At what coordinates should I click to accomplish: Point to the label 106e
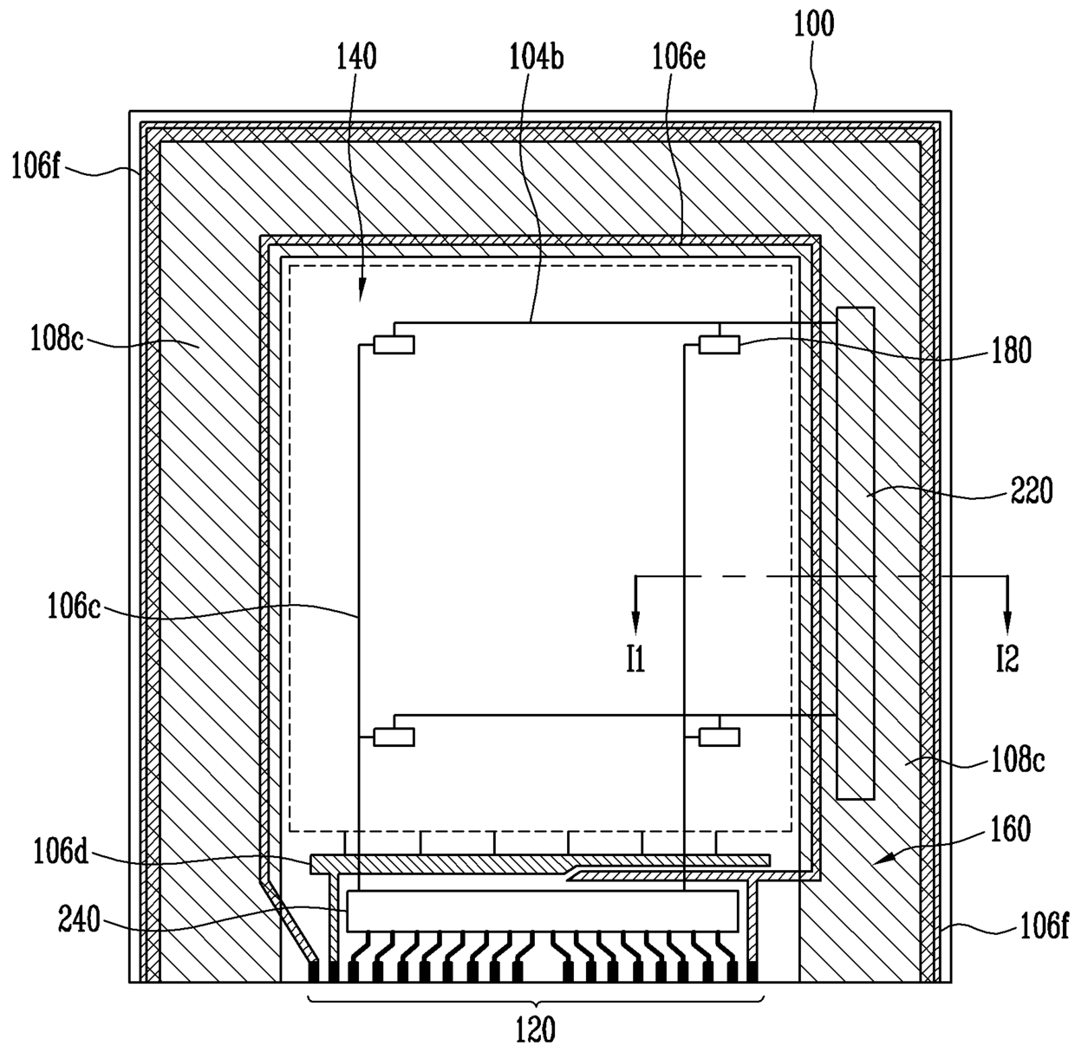point(679,57)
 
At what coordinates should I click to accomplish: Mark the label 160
point(1011,829)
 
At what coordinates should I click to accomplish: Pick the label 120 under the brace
point(536,1030)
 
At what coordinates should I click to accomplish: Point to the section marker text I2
point(1007,661)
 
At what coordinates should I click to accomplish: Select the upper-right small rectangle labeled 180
point(720,345)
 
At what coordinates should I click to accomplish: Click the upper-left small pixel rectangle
point(394,345)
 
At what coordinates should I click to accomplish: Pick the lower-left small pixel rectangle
point(394,737)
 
